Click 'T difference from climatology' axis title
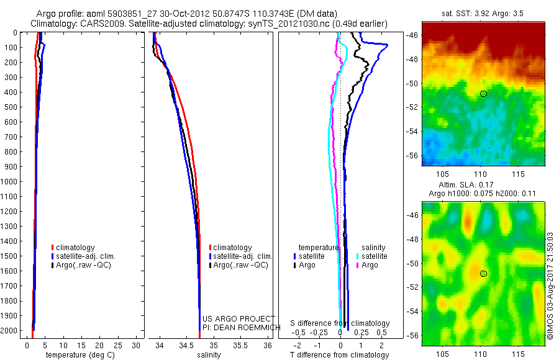click(340, 355)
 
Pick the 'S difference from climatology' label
click(340, 323)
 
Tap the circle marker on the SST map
click(483, 93)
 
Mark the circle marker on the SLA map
click(483, 273)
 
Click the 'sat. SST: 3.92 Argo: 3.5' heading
click(483, 12)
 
